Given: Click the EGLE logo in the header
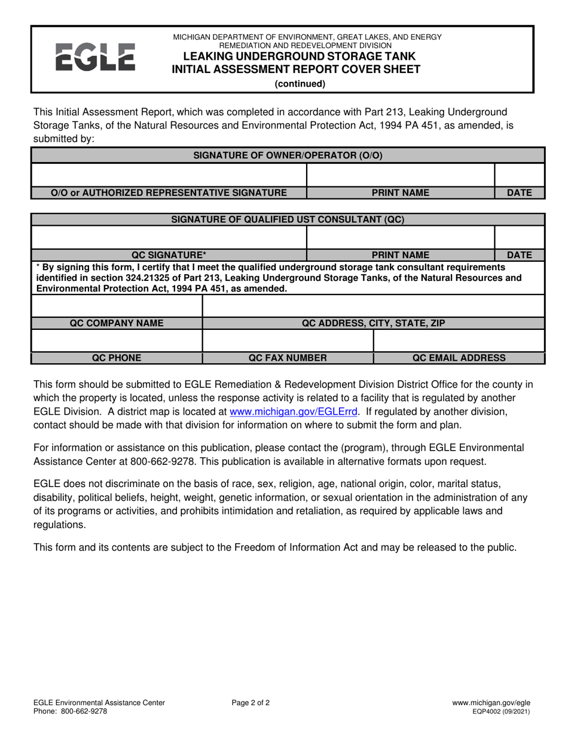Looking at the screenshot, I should [94, 58].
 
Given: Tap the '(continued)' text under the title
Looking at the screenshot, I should [300, 84].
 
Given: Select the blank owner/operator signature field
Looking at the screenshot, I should [169, 174].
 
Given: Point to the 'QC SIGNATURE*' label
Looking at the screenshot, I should [169, 255].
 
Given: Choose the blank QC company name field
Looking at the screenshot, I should [117, 305].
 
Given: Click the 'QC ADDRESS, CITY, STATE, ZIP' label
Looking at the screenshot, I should [373, 323].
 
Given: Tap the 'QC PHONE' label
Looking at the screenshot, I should [117, 358].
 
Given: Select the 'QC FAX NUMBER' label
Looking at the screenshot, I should [288, 358].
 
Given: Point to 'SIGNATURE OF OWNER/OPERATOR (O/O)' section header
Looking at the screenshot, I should [288, 155].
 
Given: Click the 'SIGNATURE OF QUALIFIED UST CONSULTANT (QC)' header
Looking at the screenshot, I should [288, 219].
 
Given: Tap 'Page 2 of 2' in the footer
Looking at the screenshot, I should [251, 703].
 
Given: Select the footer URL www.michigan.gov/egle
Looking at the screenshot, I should [491, 703].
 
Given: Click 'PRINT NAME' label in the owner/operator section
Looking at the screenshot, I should [400, 193].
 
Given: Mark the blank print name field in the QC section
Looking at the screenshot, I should [400, 237].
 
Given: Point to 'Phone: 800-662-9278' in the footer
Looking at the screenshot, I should [71, 712].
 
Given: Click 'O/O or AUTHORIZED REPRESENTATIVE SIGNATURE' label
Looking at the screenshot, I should [169, 193].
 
